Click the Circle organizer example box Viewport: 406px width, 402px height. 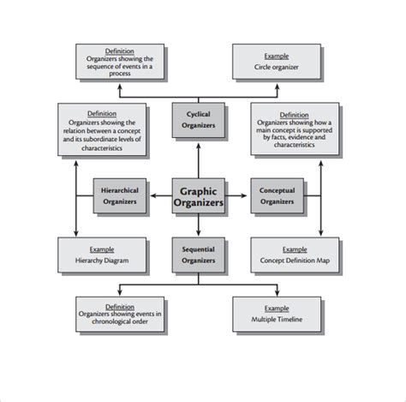[278, 62]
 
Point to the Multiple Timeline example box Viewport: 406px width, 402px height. [278, 315]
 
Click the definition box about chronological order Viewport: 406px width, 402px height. [120, 315]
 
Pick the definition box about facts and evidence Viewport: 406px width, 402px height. [295, 129]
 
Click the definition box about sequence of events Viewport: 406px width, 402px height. [120, 63]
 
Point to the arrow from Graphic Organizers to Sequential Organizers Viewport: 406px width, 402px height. [199, 227]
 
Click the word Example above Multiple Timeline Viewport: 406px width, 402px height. [278, 307]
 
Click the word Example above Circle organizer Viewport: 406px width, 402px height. [278, 51]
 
